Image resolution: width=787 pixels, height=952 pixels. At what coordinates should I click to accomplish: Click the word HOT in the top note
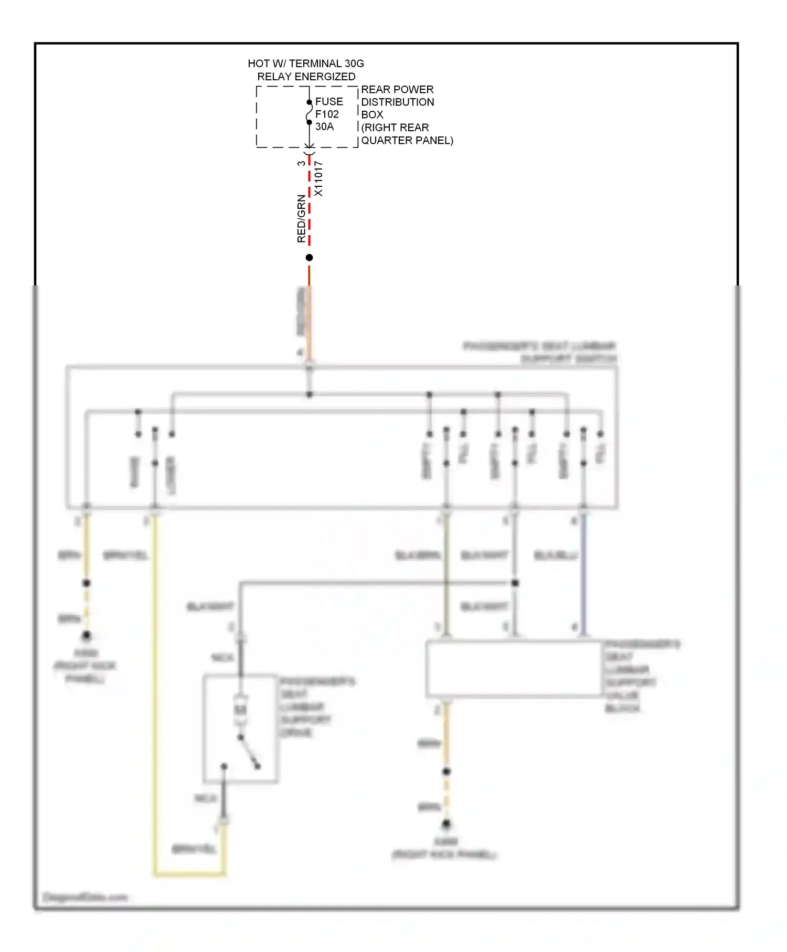pyautogui.click(x=259, y=64)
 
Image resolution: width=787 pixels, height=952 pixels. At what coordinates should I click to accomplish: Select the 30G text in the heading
pyautogui.click(x=354, y=64)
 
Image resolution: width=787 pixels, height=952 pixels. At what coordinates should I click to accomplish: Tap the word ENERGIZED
pyautogui.click(x=325, y=77)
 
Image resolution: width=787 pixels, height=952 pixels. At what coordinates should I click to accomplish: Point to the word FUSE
pyautogui.click(x=329, y=101)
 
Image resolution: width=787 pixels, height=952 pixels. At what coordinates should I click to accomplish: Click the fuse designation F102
pyautogui.click(x=327, y=114)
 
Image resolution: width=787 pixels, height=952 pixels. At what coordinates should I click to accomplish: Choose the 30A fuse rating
pyautogui.click(x=324, y=126)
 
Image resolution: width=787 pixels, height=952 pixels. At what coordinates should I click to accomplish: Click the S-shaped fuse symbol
pyautogui.click(x=310, y=112)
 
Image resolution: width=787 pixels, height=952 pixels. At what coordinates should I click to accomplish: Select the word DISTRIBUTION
pyautogui.click(x=398, y=102)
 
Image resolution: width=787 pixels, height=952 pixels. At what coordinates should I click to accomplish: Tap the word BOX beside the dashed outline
pyautogui.click(x=372, y=114)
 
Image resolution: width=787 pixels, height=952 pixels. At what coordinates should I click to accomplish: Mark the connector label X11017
pyautogui.click(x=318, y=179)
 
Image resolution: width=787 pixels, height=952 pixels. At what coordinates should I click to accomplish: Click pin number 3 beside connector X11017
pyautogui.click(x=301, y=163)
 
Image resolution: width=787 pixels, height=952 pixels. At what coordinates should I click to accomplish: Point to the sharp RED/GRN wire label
pyautogui.click(x=301, y=218)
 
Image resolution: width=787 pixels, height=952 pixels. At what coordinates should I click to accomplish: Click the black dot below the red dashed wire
pyautogui.click(x=310, y=258)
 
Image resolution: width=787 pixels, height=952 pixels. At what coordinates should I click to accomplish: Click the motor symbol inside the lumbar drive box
pyautogui.click(x=240, y=710)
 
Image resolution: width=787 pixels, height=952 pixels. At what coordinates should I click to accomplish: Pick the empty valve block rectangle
pyautogui.click(x=514, y=669)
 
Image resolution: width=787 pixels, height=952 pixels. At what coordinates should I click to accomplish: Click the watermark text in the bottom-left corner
pyautogui.click(x=85, y=897)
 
